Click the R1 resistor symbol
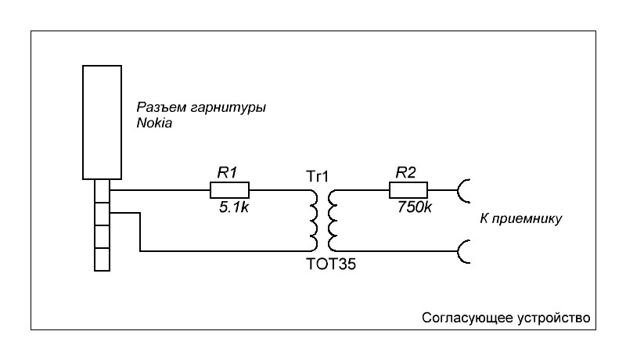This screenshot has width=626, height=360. tap(229, 190)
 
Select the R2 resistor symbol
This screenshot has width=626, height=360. tap(408, 190)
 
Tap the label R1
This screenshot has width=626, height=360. tap(226, 174)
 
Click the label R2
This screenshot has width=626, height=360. tap(405, 174)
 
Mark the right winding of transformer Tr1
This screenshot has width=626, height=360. tap(333, 219)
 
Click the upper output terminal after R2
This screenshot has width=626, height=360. tap(463, 190)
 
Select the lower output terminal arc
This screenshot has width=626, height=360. tap(463, 251)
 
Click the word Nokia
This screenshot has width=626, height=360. tap(153, 123)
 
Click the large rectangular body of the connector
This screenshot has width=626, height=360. tap(103, 122)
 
